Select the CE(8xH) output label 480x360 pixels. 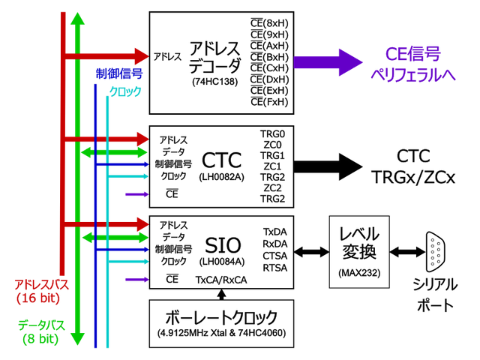(x=269, y=22)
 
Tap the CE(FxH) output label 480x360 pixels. (x=269, y=101)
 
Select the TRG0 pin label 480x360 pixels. (x=272, y=132)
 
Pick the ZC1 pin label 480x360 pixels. (x=272, y=166)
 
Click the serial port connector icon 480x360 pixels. (x=434, y=251)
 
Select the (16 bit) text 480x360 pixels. (x=37, y=298)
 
